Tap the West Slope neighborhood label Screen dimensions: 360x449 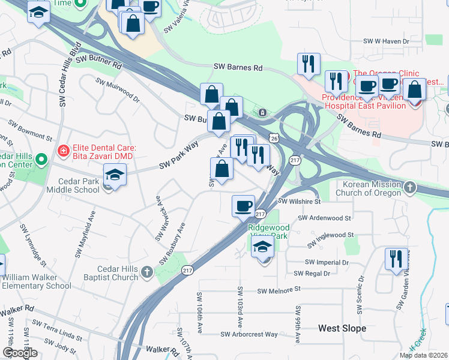click(342, 328)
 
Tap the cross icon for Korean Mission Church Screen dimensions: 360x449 click(410, 188)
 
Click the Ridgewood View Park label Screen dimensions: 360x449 click(269, 232)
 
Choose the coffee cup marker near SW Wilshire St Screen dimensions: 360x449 click(244, 205)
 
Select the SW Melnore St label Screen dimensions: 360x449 click(279, 290)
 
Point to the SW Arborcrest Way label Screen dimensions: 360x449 click(249, 334)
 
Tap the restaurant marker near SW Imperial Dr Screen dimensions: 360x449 click(396, 259)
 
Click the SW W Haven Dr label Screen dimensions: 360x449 click(386, 41)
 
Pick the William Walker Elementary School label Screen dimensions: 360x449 click(37, 282)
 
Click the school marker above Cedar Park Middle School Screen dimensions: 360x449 click(114, 175)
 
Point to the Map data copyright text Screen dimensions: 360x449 click(424, 355)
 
